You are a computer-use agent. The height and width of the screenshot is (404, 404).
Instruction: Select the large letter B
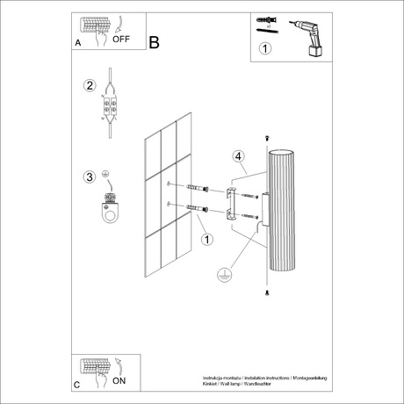pyautogui.click(x=155, y=41)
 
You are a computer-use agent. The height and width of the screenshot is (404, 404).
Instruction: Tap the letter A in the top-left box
pyautogui.click(x=79, y=41)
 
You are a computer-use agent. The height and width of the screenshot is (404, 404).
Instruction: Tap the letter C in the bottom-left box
pyautogui.click(x=78, y=386)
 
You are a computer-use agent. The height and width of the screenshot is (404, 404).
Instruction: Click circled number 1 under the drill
pyautogui.click(x=265, y=50)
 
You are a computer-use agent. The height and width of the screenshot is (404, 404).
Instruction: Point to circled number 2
pyautogui.click(x=89, y=86)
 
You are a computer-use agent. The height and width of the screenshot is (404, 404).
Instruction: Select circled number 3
pyautogui.click(x=89, y=177)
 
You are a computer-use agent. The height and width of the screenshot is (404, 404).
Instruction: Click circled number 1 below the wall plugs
pyautogui.click(x=206, y=239)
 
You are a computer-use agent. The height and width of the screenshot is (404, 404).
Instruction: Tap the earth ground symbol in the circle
pyautogui.click(x=223, y=275)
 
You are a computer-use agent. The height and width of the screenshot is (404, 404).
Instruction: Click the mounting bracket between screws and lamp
pyautogui.click(x=231, y=203)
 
